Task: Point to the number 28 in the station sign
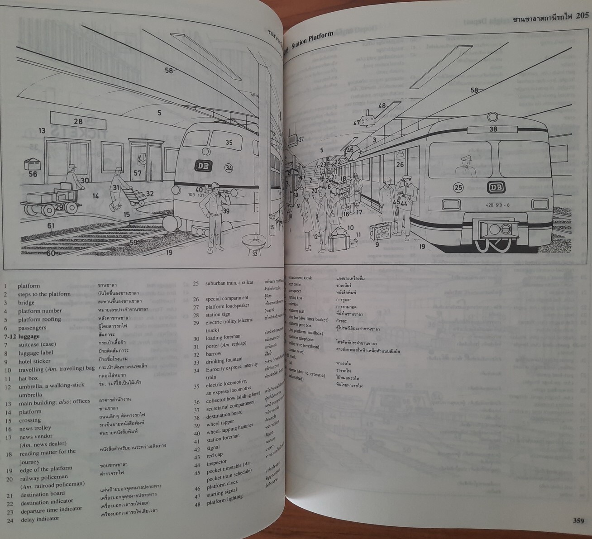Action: pos(78,121)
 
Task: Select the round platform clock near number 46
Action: pos(351,153)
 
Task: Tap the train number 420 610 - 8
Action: pos(498,205)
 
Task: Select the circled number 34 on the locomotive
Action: pos(229,168)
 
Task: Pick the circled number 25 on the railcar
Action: pos(458,187)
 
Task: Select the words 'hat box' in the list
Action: pos(28,378)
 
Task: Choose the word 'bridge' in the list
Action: pos(26,302)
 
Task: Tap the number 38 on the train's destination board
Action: pos(493,128)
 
